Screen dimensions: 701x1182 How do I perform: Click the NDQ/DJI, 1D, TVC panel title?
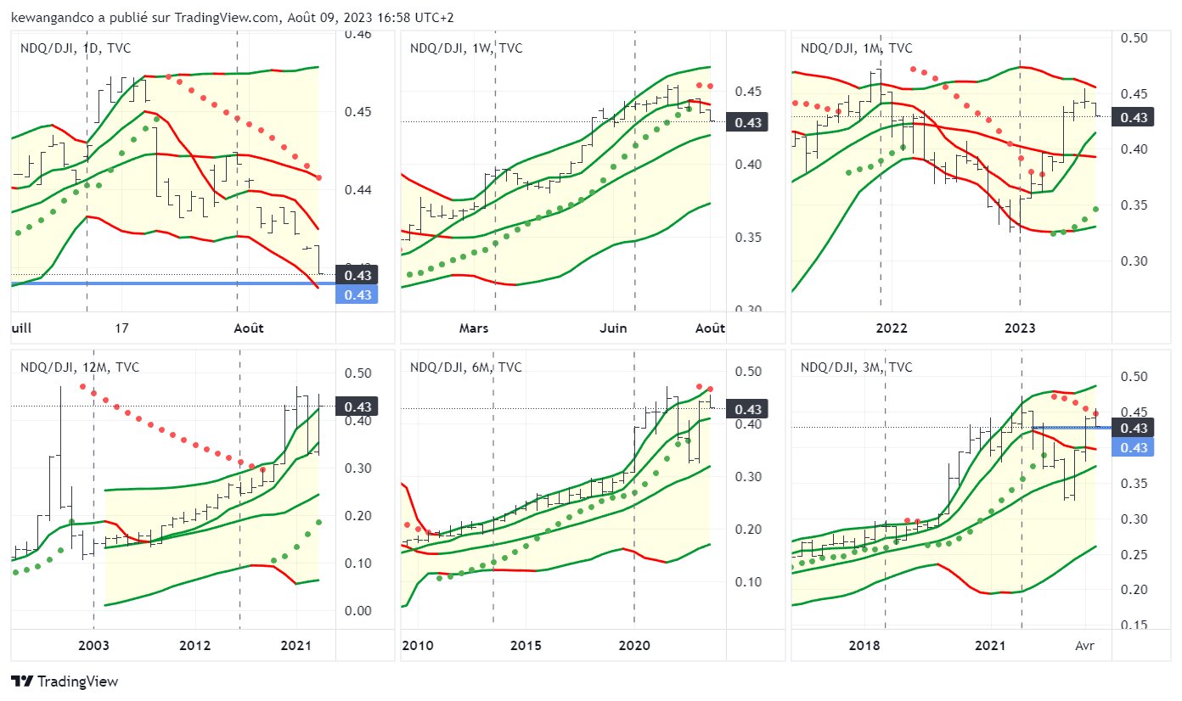click(76, 48)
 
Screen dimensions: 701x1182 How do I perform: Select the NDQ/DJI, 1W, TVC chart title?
click(466, 48)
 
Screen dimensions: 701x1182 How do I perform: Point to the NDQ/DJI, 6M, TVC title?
click(466, 367)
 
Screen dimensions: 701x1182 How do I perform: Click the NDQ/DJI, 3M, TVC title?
click(857, 367)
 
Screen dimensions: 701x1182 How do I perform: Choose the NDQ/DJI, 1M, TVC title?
click(857, 48)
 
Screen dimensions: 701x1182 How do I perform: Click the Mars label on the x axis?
click(474, 328)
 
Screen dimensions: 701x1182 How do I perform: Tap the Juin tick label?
click(613, 328)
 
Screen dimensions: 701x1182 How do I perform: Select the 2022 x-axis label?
click(892, 328)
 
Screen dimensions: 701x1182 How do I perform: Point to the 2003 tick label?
click(93, 646)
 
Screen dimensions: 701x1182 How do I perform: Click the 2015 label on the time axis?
click(526, 646)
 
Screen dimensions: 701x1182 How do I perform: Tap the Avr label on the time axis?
click(1084, 646)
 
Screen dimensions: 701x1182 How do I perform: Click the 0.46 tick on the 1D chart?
click(357, 35)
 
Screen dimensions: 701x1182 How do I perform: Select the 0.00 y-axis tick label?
click(357, 611)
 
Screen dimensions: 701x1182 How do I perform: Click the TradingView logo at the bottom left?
click(65, 681)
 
